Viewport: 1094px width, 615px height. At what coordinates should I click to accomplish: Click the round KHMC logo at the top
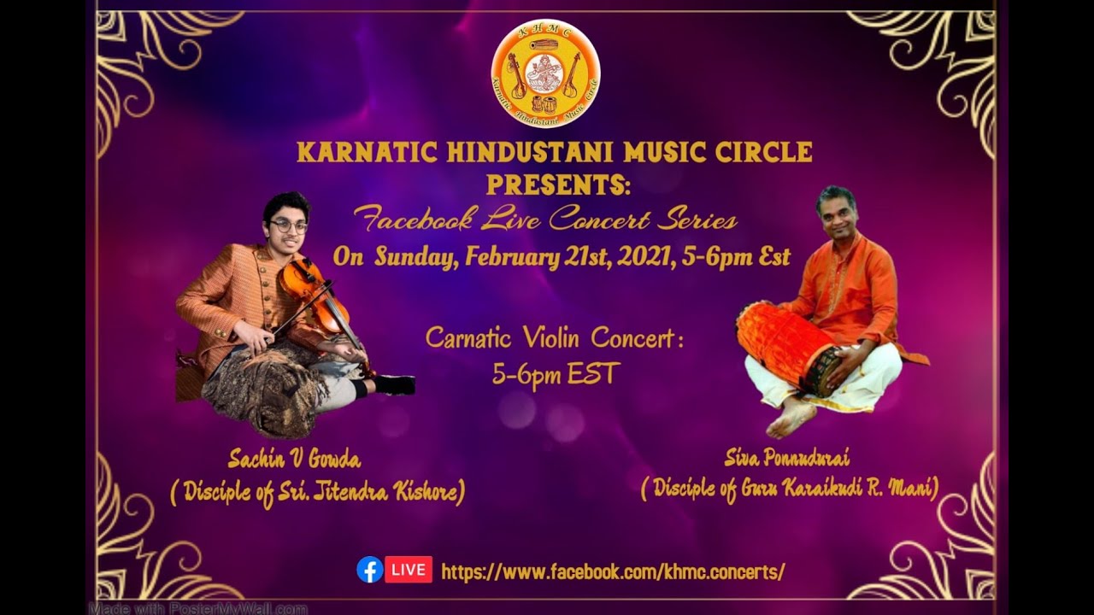click(x=545, y=73)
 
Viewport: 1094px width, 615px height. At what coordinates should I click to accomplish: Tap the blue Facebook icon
click(x=369, y=570)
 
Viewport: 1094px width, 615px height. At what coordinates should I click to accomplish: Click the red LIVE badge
click(x=409, y=570)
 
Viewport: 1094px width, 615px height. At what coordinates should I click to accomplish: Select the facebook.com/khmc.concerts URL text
click(x=613, y=571)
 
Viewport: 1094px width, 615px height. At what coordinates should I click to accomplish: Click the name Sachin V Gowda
click(x=294, y=460)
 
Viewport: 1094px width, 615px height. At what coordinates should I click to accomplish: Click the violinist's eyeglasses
click(x=289, y=226)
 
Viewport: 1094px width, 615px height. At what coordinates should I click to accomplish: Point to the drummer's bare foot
click(x=791, y=419)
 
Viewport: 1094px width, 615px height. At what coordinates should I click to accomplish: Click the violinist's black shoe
click(x=394, y=385)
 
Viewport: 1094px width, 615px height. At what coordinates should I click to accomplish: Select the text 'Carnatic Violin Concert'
click(x=554, y=339)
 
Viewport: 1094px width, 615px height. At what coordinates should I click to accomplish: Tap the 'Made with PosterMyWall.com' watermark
click(x=198, y=608)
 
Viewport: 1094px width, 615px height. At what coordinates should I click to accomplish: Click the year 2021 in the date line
click(x=640, y=256)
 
